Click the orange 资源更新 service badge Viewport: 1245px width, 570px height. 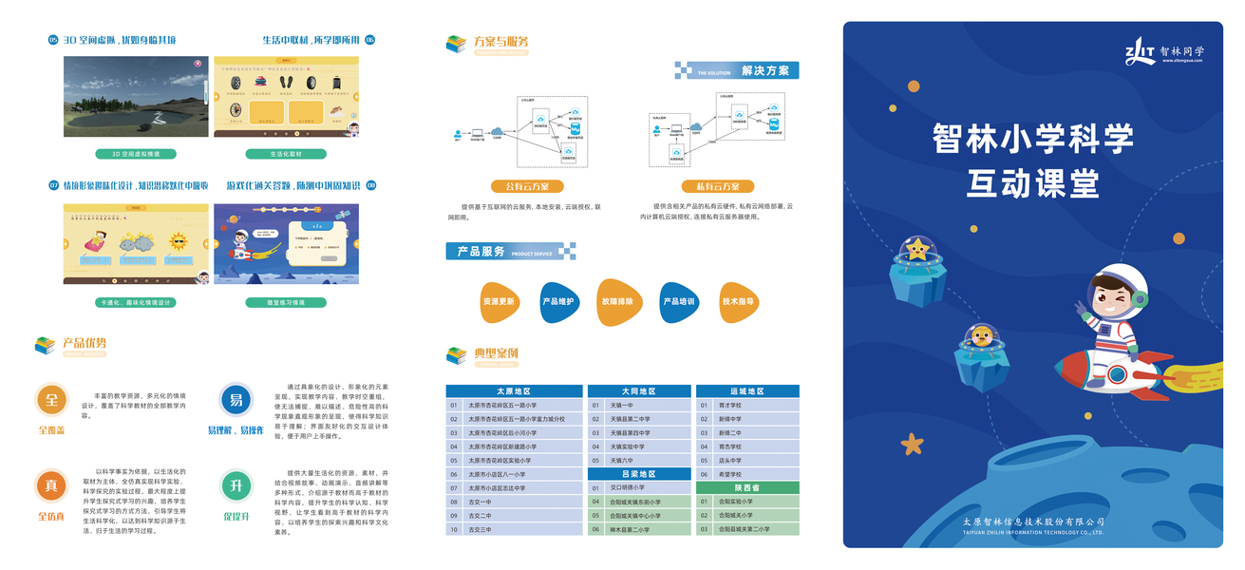[499, 302]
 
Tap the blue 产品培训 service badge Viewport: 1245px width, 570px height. [678, 302]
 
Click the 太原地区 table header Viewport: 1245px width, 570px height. [514, 391]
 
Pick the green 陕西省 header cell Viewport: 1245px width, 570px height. [747, 487]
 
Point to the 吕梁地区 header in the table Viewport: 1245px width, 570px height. [638, 474]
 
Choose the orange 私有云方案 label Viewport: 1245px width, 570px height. [718, 187]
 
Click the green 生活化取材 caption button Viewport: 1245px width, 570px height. [286, 154]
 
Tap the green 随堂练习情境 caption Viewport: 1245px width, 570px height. [286, 303]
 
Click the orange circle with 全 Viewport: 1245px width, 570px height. [51, 400]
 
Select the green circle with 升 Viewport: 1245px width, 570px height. [236, 486]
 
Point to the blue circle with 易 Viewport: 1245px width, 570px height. [236, 400]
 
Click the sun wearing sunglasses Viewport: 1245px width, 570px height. [179, 242]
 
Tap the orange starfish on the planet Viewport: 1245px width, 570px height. [912, 443]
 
